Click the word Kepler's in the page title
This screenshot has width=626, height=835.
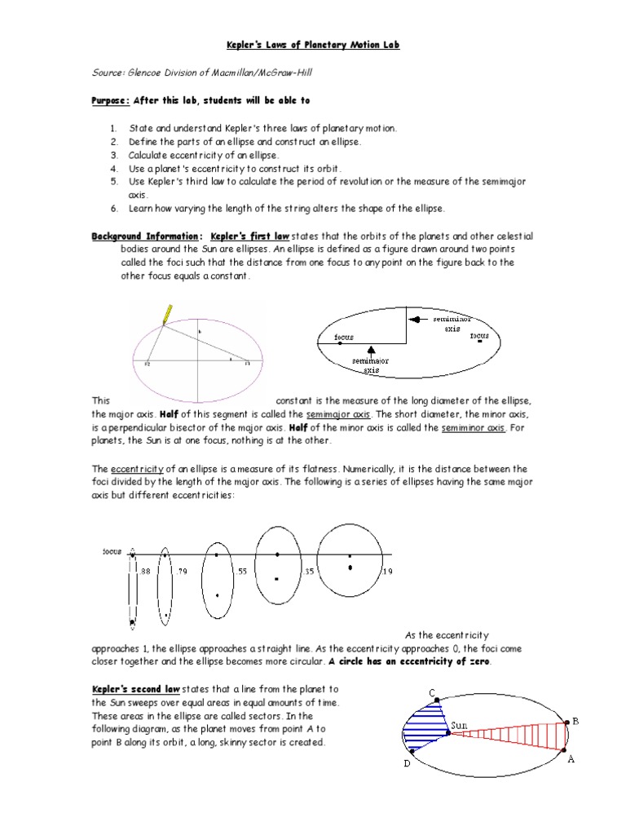245,46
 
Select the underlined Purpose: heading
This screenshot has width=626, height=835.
109,100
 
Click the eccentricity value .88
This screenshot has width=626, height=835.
146,572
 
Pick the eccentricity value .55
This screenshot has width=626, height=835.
241,572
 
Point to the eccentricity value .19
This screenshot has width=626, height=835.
387,572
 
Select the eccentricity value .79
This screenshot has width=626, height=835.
182,572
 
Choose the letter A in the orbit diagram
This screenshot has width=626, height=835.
571,758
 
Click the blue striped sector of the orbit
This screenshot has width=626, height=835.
426,728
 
